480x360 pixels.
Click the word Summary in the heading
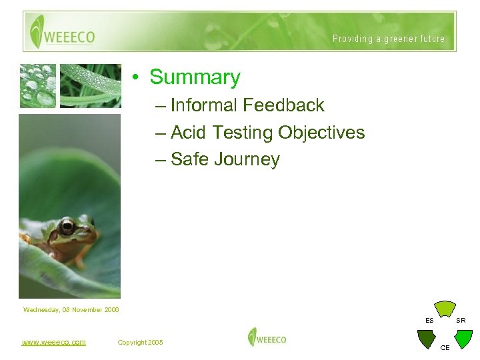[x=195, y=77]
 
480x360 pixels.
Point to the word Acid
[x=189, y=133]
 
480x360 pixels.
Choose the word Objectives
[x=321, y=133]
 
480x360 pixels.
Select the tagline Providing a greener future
[x=389, y=39]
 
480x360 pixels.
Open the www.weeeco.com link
[x=53, y=342]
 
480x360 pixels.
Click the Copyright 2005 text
[x=140, y=342]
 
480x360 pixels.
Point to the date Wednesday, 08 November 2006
[x=71, y=309]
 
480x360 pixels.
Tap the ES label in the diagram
[x=430, y=321]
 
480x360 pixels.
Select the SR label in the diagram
[x=461, y=321]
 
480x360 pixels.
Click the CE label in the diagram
[x=445, y=348]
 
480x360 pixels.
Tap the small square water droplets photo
[x=37, y=85]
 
